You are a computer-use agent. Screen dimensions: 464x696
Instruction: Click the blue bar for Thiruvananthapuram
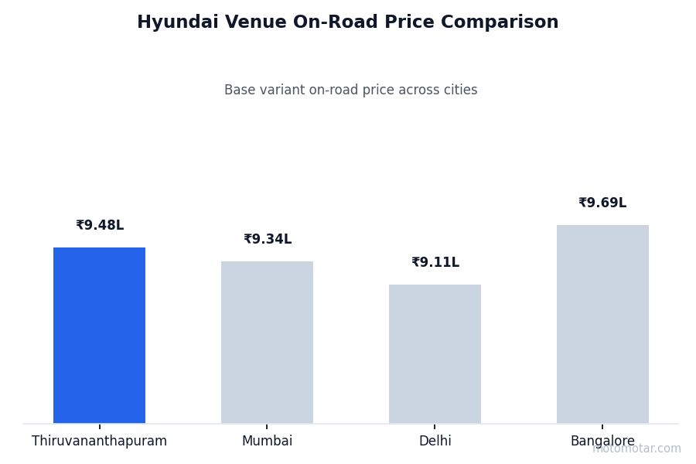point(99,335)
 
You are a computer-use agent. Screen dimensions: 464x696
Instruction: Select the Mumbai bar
point(267,342)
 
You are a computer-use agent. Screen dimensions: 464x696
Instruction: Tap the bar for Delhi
point(435,353)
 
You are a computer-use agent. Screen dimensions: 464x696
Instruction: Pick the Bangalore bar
point(602,324)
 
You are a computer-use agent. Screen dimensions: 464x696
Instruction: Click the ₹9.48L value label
point(100,226)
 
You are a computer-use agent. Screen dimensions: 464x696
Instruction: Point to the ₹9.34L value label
point(268,240)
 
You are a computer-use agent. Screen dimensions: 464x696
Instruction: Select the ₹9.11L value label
point(435,263)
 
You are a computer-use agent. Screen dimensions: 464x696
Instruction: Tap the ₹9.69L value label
point(602,203)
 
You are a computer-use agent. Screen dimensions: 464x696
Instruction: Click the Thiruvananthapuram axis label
point(99,442)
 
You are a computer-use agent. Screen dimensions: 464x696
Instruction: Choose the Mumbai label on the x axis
point(267,442)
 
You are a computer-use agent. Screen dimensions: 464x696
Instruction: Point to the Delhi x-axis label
point(435,442)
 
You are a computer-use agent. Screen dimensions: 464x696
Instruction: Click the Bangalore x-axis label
point(602,442)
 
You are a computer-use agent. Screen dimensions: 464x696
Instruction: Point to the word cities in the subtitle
point(460,90)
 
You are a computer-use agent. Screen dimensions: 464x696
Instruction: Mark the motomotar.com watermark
point(637,449)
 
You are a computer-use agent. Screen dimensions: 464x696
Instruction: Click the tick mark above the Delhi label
point(435,426)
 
